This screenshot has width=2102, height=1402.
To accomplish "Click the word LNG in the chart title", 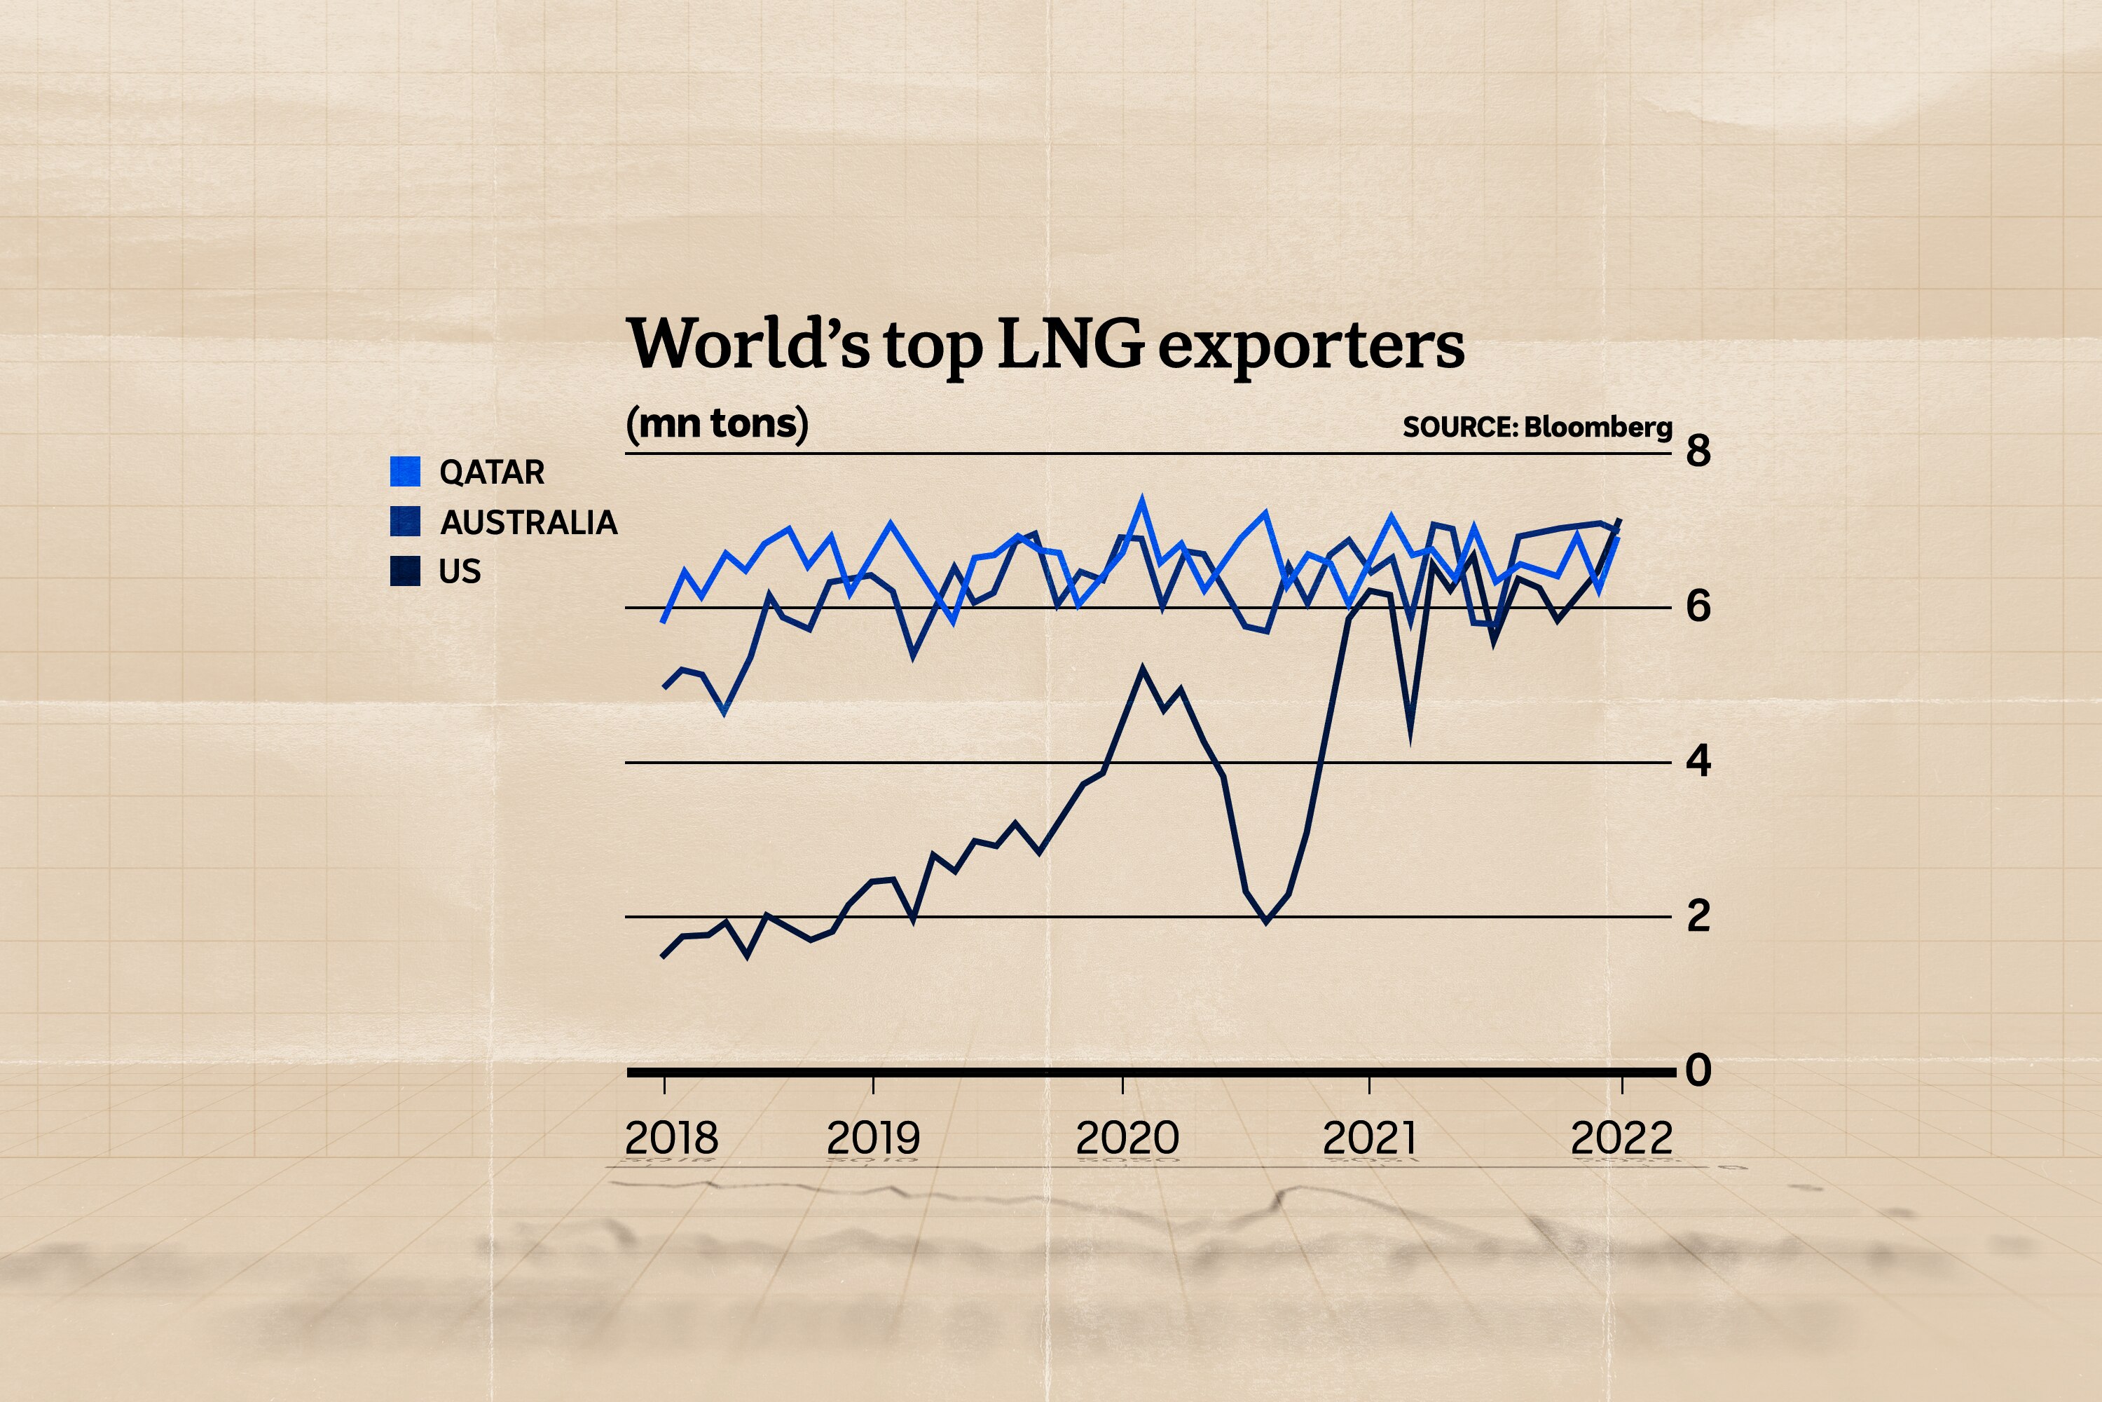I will click(1070, 344).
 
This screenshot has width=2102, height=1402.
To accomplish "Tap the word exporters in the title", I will click(1311, 347).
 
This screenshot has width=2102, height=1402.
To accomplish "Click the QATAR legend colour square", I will click(405, 471).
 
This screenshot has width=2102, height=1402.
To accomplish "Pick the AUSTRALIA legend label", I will click(528, 522).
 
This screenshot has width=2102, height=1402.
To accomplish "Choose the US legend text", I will click(460, 571).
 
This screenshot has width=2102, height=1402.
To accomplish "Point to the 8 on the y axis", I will click(1698, 451).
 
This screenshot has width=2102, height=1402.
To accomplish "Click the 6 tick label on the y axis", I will click(1698, 606).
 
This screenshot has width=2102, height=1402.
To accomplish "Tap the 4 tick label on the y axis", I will click(1698, 761).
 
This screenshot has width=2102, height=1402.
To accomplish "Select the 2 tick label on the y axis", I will click(1698, 916).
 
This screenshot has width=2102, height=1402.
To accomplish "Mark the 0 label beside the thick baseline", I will click(1698, 1070).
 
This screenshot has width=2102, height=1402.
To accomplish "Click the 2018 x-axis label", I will click(671, 1138).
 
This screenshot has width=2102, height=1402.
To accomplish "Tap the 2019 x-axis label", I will click(873, 1138).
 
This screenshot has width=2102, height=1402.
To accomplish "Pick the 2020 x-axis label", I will click(1127, 1138).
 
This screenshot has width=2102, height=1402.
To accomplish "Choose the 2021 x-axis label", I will click(1369, 1138).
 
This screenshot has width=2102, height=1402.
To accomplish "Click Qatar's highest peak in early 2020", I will click(1141, 501).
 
